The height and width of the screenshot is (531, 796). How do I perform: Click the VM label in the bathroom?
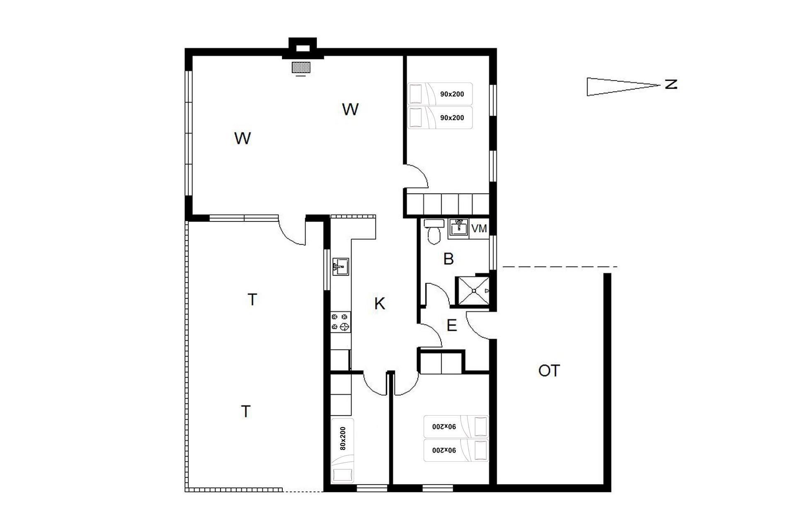coord(479,229)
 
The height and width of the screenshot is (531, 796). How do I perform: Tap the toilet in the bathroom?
coord(434,231)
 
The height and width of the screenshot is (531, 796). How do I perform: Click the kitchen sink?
coord(340,266)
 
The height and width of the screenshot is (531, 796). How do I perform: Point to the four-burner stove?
coord(340,322)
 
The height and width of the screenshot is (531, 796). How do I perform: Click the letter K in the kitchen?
coord(379,304)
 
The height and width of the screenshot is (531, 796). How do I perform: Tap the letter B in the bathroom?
coord(448,259)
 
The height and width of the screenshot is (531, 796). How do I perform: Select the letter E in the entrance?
coord(451,325)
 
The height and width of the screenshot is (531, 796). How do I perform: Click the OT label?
coord(549,370)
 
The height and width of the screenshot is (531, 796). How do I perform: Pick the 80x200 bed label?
coord(342,438)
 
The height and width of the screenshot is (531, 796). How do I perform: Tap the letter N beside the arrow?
coord(671,85)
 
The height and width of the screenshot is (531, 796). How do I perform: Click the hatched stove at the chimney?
coord(301,67)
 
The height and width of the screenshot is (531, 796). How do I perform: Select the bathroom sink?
coord(459,228)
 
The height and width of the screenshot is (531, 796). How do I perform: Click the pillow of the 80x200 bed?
coord(343,475)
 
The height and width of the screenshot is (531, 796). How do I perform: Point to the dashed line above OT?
coord(560,267)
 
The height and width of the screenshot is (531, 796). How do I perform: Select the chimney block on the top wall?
coord(302,49)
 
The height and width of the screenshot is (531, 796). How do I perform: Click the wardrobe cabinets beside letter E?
coord(441,362)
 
